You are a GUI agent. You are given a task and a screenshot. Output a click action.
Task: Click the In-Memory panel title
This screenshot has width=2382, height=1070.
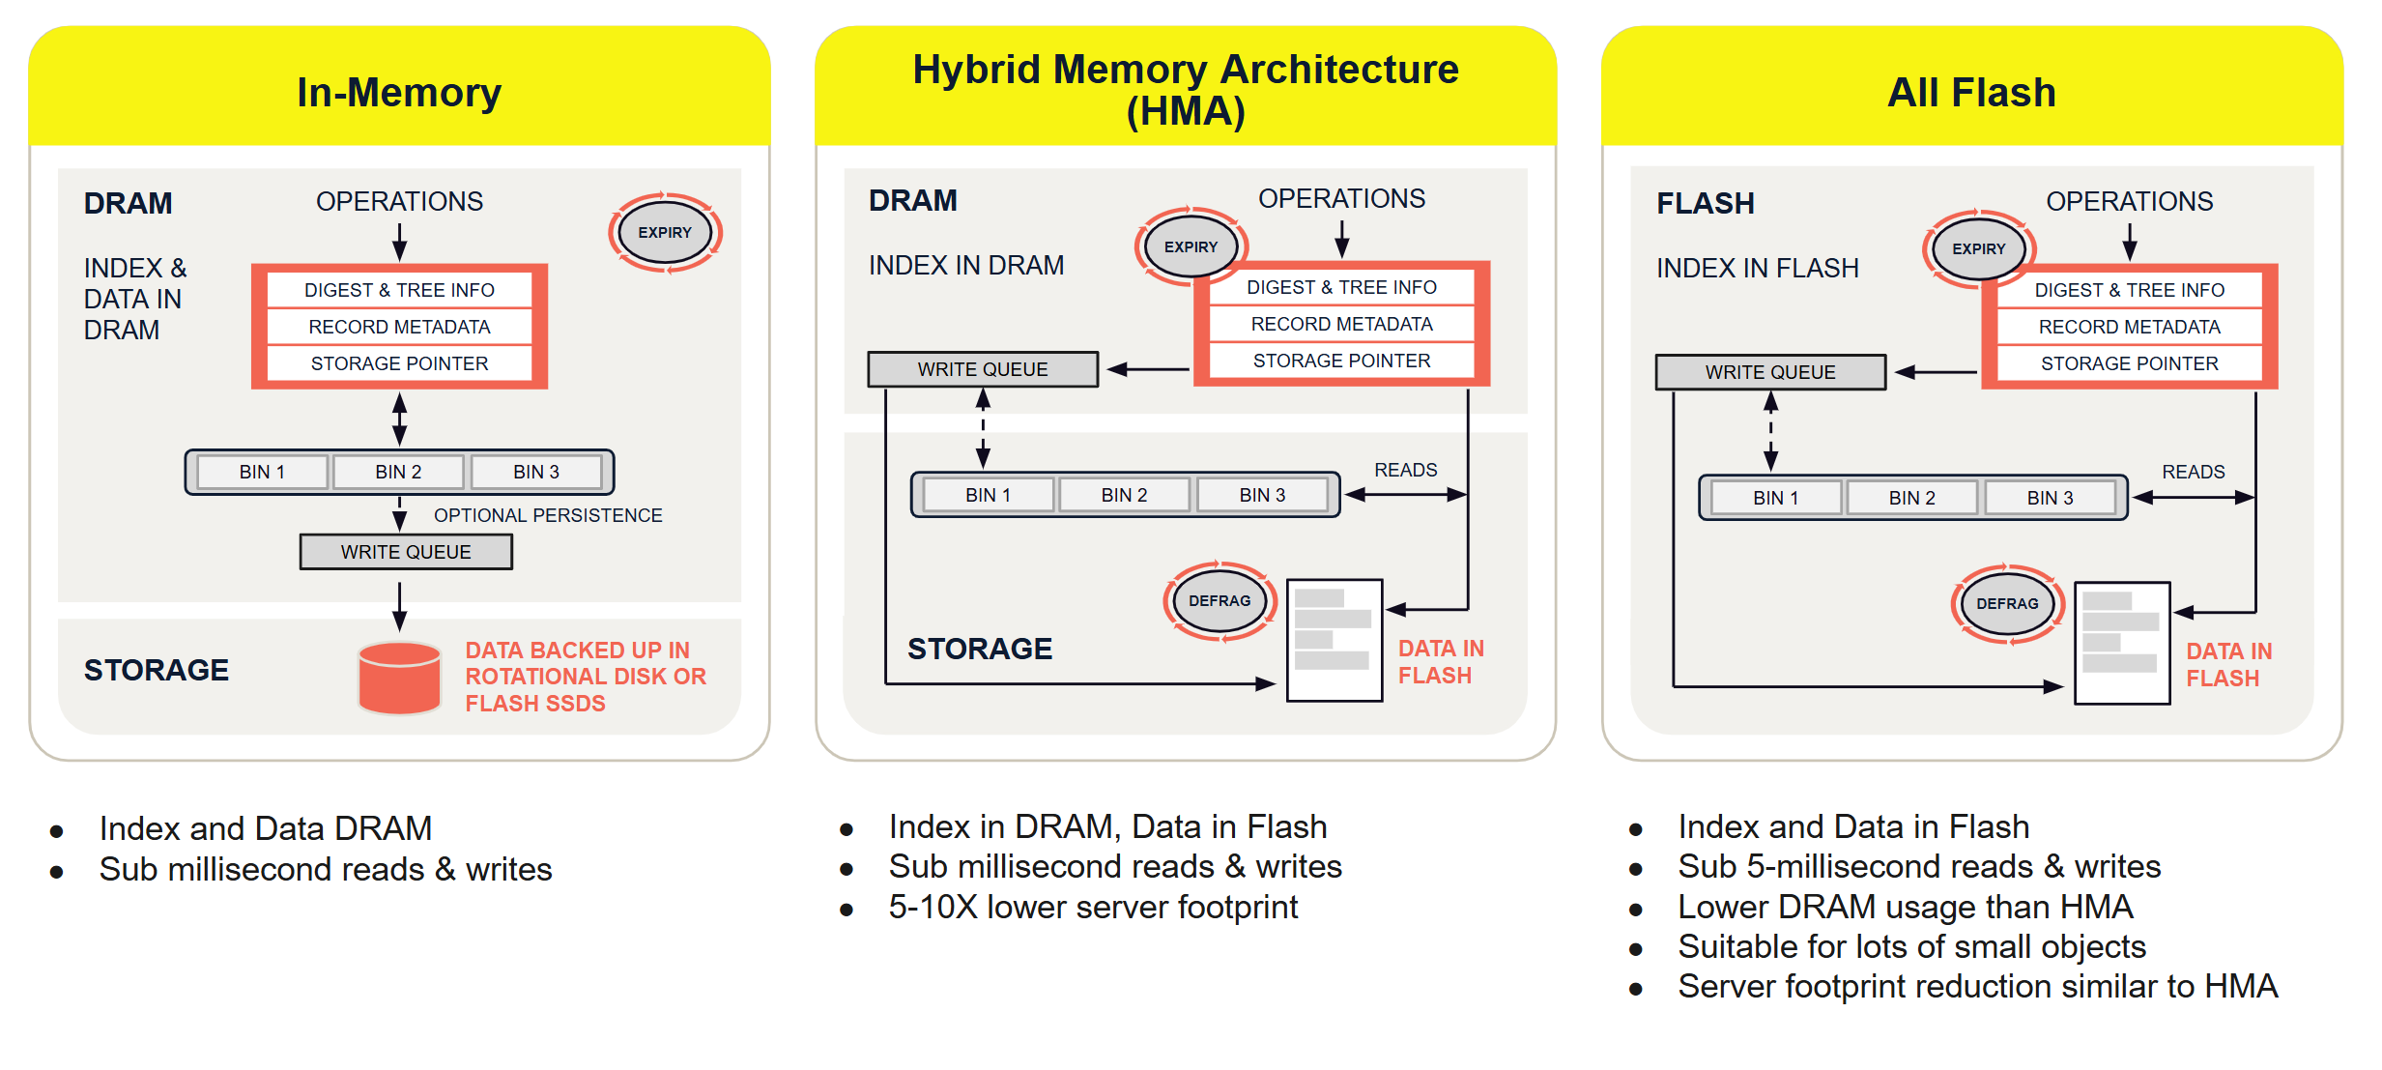[398, 93]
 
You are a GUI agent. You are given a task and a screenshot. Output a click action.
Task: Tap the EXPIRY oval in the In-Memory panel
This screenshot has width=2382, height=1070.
[665, 233]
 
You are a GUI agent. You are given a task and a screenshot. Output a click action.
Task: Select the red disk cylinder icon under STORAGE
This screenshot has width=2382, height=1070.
[399, 678]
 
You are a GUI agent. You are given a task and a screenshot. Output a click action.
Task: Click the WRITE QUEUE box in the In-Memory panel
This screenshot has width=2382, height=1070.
[406, 552]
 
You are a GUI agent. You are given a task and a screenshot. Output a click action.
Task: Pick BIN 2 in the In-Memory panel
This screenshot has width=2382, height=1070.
[398, 472]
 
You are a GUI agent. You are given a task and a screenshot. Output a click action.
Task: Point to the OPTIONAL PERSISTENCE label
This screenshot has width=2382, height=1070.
[548, 515]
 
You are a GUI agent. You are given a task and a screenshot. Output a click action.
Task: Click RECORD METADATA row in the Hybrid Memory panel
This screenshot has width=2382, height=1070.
[1341, 324]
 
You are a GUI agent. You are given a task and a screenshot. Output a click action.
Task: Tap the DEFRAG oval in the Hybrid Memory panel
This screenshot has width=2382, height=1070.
[1220, 600]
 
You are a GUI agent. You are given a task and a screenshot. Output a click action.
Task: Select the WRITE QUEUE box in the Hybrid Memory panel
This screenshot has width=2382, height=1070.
[983, 369]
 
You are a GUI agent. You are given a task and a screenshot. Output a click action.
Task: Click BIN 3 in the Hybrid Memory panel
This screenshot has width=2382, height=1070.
[1262, 495]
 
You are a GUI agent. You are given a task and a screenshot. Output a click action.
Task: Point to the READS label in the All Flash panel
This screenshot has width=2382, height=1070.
[2193, 472]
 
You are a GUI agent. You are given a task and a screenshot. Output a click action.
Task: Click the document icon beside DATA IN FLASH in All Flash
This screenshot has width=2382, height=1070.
[2122, 643]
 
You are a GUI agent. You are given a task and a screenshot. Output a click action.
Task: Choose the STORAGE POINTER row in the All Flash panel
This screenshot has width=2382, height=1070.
[2129, 363]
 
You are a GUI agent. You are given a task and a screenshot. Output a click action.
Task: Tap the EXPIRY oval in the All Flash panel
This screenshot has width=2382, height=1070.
[1978, 249]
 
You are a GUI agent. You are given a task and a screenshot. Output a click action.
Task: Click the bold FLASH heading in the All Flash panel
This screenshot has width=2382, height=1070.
[1705, 204]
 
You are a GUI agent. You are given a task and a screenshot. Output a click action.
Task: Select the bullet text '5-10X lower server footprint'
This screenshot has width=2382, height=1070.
[1093, 908]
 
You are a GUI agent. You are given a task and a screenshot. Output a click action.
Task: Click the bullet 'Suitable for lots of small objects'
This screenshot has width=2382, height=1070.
[1911, 946]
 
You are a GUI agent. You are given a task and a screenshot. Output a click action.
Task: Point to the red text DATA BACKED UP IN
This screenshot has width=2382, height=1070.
[577, 651]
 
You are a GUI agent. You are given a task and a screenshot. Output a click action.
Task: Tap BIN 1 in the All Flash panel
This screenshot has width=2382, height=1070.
[1775, 498]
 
